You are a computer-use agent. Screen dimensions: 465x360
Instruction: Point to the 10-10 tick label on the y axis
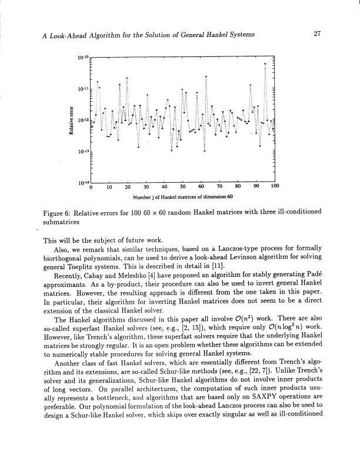84,57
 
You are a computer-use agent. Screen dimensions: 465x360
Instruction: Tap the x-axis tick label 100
274,188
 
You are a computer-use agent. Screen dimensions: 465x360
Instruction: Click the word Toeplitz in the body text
78,266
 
